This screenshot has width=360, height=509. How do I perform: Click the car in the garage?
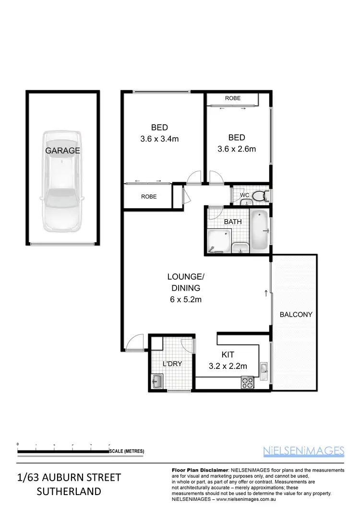coord(62,182)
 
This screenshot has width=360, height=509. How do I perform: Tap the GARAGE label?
coord(62,150)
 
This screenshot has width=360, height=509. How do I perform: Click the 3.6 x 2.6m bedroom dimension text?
coord(237,149)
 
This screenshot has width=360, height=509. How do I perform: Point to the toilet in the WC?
coord(259,196)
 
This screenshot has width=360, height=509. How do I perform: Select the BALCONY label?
coord(296,315)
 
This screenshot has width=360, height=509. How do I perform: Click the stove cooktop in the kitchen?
coord(247,382)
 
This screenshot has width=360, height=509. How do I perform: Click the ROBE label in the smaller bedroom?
coord(232,98)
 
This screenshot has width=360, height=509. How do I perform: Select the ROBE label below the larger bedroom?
coord(148,197)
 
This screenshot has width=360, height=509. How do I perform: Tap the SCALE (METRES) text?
coord(127,451)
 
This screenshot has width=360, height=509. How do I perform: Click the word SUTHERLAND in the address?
coord(69,491)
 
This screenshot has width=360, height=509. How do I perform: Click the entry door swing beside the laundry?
coord(137,342)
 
